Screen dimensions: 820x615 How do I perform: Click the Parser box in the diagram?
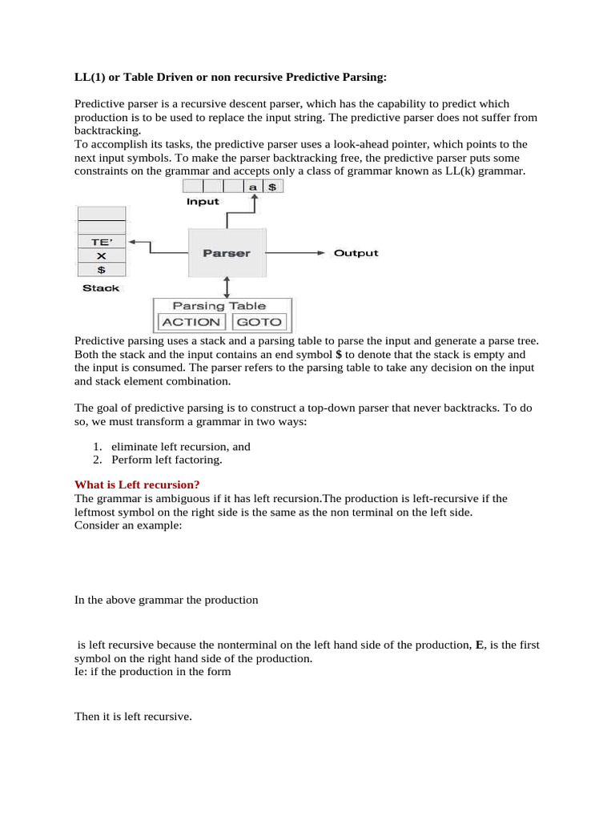point(227,253)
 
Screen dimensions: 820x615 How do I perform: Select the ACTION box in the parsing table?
point(191,322)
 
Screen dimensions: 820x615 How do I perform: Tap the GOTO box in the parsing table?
point(259,322)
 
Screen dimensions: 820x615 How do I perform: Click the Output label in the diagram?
point(356,253)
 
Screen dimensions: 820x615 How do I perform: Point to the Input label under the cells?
point(203,202)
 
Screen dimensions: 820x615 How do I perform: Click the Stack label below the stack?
point(101,288)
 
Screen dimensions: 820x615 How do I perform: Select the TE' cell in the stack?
point(101,240)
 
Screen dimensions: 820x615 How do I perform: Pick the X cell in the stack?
point(101,255)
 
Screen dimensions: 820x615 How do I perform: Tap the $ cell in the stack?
point(101,271)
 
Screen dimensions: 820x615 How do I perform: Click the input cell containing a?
point(253,186)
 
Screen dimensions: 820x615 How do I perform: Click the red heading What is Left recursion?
point(137,484)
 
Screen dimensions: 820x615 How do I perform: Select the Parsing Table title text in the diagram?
point(219,306)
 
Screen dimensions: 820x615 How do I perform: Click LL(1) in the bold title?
point(90,77)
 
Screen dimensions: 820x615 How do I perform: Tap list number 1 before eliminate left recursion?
point(96,447)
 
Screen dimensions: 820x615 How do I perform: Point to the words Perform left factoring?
point(167,460)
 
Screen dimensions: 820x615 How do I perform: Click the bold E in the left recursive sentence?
point(480,645)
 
